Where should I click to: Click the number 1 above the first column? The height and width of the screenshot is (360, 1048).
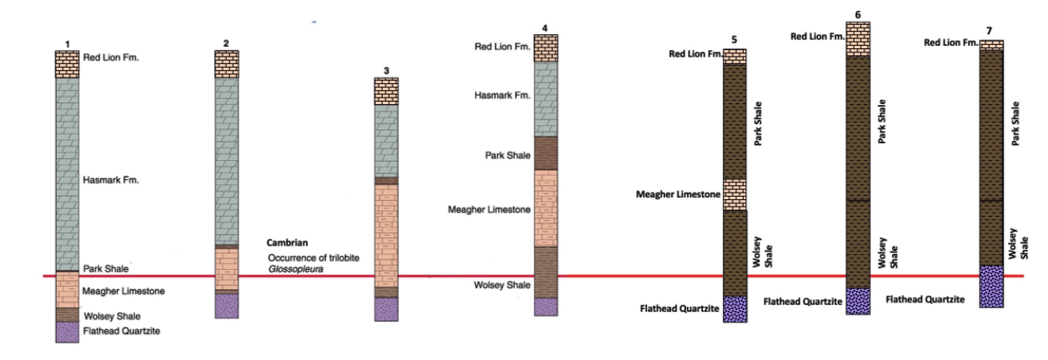(67, 43)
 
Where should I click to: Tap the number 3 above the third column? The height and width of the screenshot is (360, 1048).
(385, 70)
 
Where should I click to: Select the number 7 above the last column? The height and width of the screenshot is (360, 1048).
(989, 31)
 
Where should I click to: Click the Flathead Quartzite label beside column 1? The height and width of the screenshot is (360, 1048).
(121, 331)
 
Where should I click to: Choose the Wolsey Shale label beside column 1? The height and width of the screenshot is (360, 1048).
(112, 316)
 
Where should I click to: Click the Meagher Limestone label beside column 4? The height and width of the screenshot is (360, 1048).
(489, 210)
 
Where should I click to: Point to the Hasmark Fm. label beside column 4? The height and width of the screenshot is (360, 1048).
(503, 96)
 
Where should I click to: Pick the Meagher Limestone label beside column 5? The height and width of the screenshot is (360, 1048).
(678, 195)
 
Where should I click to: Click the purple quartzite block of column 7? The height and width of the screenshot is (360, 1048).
(991, 287)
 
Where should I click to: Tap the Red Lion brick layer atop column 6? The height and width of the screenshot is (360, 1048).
(858, 38)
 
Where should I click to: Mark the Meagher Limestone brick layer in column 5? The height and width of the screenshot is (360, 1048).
(735, 194)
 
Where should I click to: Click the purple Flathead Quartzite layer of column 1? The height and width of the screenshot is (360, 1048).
(67, 332)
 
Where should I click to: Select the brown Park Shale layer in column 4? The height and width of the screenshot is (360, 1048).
(545, 152)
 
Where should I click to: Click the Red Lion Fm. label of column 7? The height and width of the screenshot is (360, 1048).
(950, 42)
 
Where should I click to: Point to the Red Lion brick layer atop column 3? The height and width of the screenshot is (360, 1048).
(385, 90)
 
